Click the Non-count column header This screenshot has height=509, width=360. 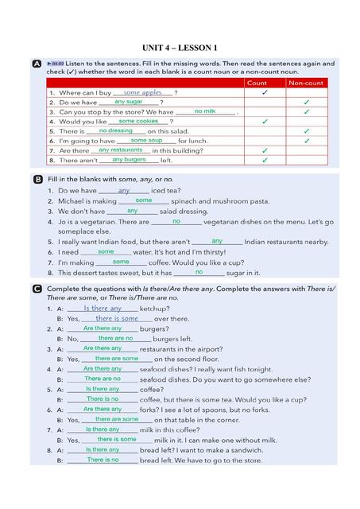point(306,83)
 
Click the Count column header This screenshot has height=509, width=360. point(257,83)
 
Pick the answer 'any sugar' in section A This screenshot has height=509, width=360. point(129,102)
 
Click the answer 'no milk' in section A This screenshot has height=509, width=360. point(205,111)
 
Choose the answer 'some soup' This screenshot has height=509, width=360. point(146,140)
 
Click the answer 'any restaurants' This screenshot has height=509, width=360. point(121,150)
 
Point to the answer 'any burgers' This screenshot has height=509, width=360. point(130,159)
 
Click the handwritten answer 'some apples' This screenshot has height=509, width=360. point(142,92)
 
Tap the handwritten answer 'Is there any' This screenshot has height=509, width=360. point(103,308)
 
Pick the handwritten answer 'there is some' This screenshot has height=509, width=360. point(117,318)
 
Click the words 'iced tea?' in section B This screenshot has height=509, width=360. point(166,191)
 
